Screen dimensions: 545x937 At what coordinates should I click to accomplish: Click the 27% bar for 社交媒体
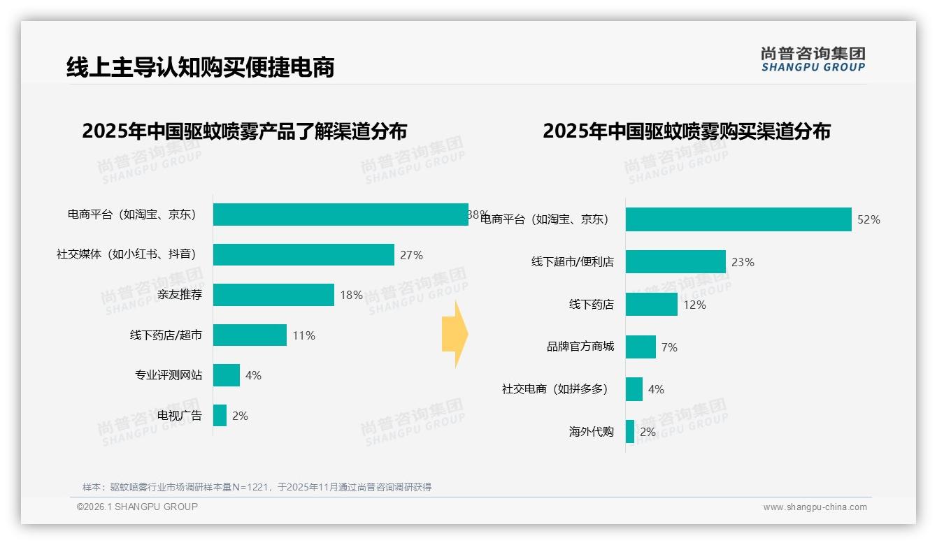tap(303, 255)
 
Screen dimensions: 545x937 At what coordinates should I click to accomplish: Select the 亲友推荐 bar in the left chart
tap(273, 295)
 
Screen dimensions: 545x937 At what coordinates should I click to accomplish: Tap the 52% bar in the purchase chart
tap(738, 219)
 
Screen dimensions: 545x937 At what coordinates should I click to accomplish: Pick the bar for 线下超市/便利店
tap(675, 262)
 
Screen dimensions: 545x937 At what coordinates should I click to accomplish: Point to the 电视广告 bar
tap(220, 416)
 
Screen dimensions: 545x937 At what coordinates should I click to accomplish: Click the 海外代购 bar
tap(630, 432)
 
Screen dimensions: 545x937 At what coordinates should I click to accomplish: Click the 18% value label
tap(351, 296)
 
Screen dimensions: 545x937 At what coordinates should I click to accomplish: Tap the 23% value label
tap(743, 263)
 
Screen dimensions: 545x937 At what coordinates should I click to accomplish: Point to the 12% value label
tap(694, 305)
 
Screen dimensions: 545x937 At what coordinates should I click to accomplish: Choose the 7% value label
tap(669, 347)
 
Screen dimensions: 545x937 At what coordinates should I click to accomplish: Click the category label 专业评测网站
tap(169, 375)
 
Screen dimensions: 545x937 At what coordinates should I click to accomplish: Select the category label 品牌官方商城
tap(580, 347)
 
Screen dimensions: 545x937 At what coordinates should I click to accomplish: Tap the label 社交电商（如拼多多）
tap(555, 389)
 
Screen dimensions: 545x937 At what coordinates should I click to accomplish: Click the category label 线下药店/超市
tap(166, 335)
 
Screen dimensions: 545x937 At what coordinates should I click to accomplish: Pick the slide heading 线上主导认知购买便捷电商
tap(200, 67)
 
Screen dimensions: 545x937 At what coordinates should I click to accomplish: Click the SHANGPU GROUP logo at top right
tap(813, 59)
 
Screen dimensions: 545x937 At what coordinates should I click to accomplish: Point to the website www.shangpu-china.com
tap(815, 507)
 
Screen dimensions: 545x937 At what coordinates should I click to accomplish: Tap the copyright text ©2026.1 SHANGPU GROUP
tap(137, 507)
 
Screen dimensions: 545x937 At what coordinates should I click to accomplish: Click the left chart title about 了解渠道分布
tap(244, 131)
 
